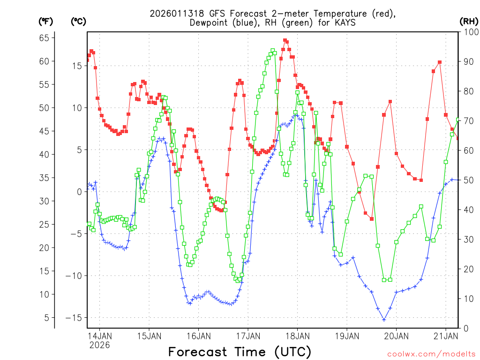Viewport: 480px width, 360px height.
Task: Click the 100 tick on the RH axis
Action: [x=469, y=32]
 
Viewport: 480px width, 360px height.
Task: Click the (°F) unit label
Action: [x=45, y=21]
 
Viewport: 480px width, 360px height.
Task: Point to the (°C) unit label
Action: [x=78, y=21]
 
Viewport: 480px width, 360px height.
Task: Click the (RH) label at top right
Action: [x=469, y=21]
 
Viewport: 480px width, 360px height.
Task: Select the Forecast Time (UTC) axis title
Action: [x=240, y=352]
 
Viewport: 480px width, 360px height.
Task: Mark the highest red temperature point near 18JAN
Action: [x=285, y=40]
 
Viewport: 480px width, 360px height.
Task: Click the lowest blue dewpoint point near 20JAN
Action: [x=384, y=320]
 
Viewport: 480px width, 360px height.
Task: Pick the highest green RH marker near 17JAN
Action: [x=272, y=50]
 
